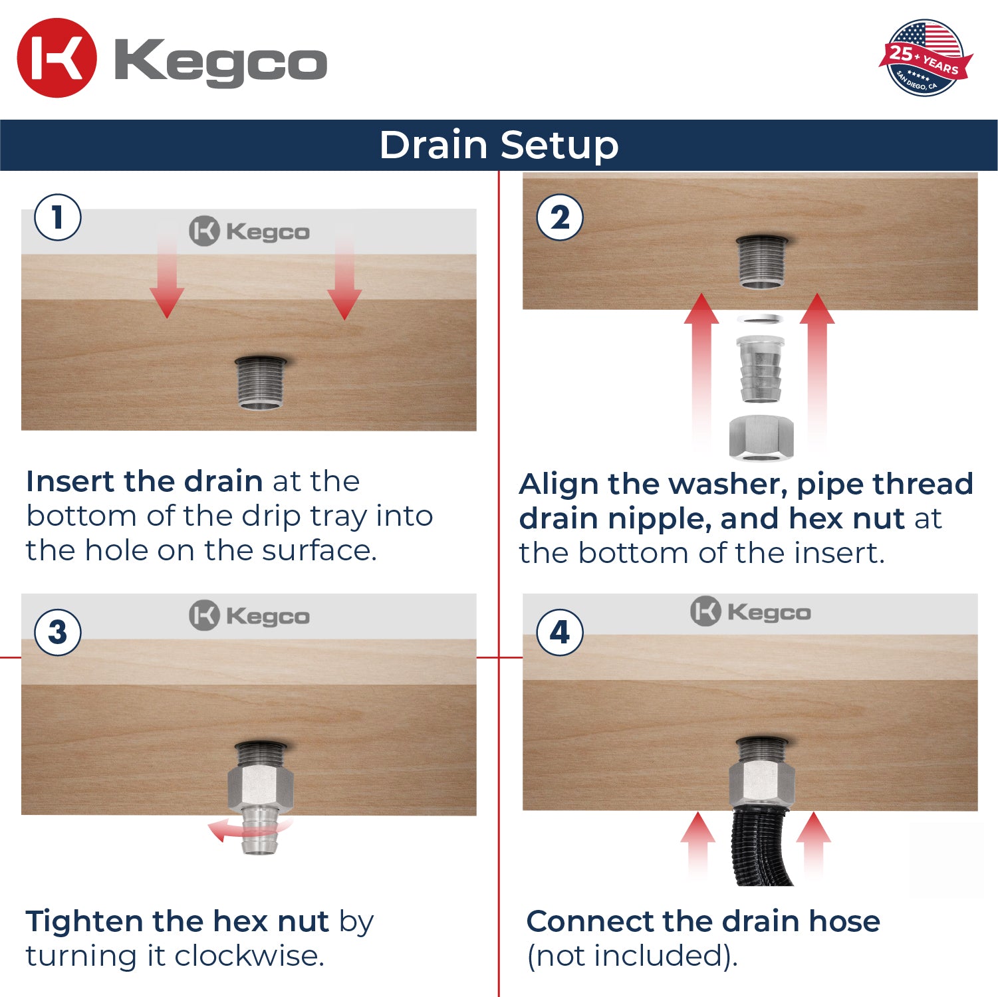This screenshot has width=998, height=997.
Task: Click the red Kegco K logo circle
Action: (x=57, y=58)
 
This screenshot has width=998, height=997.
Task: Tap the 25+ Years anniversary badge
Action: (x=925, y=58)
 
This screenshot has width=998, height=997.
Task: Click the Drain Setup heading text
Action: (x=499, y=145)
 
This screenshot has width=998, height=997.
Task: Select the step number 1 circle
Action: (x=58, y=217)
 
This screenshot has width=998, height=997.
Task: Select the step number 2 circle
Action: (x=560, y=217)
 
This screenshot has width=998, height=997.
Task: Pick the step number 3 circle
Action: (x=58, y=632)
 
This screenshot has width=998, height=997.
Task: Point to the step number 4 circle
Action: (x=560, y=632)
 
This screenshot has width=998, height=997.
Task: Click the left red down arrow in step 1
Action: (x=166, y=279)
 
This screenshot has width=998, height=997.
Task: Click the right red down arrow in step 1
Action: (x=344, y=279)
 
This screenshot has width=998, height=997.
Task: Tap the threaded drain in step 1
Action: (x=261, y=384)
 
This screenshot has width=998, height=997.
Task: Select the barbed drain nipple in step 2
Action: (x=761, y=369)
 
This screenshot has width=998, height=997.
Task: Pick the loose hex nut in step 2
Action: (x=761, y=437)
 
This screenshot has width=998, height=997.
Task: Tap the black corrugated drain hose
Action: (x=761, y=847)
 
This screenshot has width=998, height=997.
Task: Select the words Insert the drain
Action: (x=144, y=481)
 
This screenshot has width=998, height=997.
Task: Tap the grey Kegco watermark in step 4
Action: (x=751, y=611)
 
